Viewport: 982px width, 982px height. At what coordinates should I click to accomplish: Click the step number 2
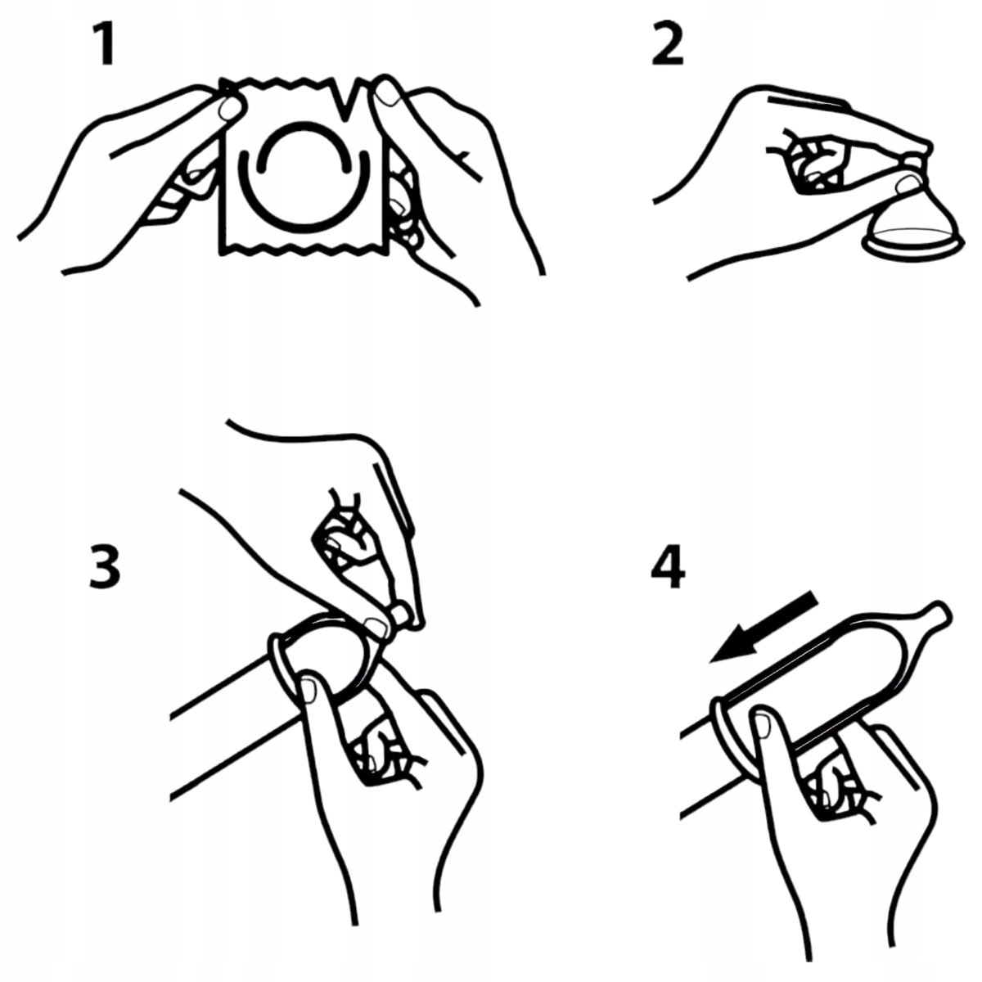[x=668, y=44]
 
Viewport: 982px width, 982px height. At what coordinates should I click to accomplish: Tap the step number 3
[x=105, y=566]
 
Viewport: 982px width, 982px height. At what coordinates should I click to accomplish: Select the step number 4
[x=668, y=566]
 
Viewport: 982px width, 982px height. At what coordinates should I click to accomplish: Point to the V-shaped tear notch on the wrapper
[x=346, y=99]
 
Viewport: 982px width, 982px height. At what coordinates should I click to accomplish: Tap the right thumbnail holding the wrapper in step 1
[x=389, y=94]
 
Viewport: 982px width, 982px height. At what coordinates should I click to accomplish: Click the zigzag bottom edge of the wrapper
[x=304, y=250]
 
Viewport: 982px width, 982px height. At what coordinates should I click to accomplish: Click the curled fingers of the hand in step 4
[x=831, y=795]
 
